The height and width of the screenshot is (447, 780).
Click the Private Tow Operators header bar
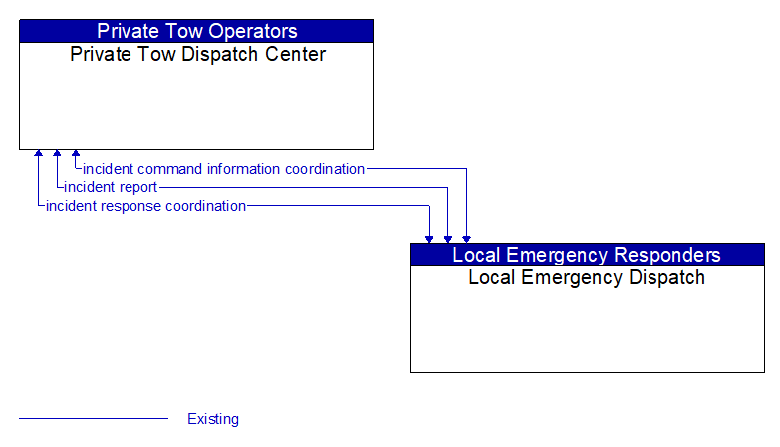click(196, 31)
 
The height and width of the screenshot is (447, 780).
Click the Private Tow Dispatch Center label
click(197, 54)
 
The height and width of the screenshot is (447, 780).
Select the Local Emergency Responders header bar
click(587, 254)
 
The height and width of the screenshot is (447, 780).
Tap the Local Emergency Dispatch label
click(587, 278)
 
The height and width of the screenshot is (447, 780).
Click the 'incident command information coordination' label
click(223, 169)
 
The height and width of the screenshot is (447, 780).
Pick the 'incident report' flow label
click(111, 187)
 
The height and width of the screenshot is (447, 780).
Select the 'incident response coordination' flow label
click(145, 206)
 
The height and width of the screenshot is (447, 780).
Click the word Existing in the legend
click(213, 419)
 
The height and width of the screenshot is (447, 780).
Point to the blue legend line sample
click(94, 419)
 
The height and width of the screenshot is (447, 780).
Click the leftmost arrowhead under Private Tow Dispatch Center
click(39, 155)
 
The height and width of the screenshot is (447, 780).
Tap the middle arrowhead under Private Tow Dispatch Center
click(57, 155)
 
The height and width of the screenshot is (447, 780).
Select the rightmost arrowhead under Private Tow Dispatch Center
click(76, 155)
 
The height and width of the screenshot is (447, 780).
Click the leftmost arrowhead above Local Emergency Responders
click(429, 238)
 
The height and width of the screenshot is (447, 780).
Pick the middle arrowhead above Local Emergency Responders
click(448, 238)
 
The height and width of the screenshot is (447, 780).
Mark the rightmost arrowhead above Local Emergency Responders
click(466, 238)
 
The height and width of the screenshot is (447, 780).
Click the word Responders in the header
click(670, 254)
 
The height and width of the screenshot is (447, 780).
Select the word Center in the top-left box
click(295, 54)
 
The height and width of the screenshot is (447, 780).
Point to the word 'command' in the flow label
click(169, 169)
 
